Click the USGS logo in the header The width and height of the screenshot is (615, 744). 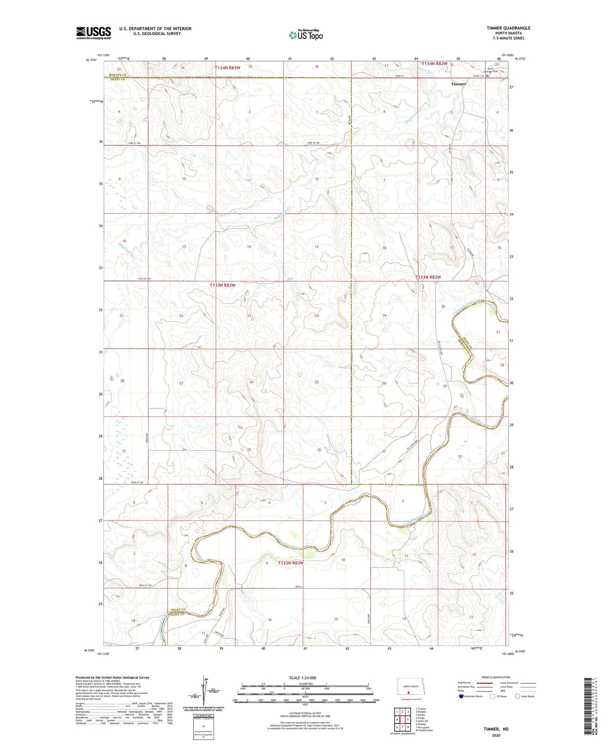tap(93, 33)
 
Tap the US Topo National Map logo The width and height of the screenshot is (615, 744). tap(305, 35)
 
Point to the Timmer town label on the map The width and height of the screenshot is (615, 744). tap(458, 84)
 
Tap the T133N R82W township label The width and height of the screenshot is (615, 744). tap(428, 277)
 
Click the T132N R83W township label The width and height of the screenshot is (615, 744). tap(291, 563)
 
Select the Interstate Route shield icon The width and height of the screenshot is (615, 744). tap(461, 696)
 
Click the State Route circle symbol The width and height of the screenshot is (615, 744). tap(518, 696)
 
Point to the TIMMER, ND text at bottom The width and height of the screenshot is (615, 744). tap(496, 729)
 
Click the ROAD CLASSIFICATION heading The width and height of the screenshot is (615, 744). tap(496, 677)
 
